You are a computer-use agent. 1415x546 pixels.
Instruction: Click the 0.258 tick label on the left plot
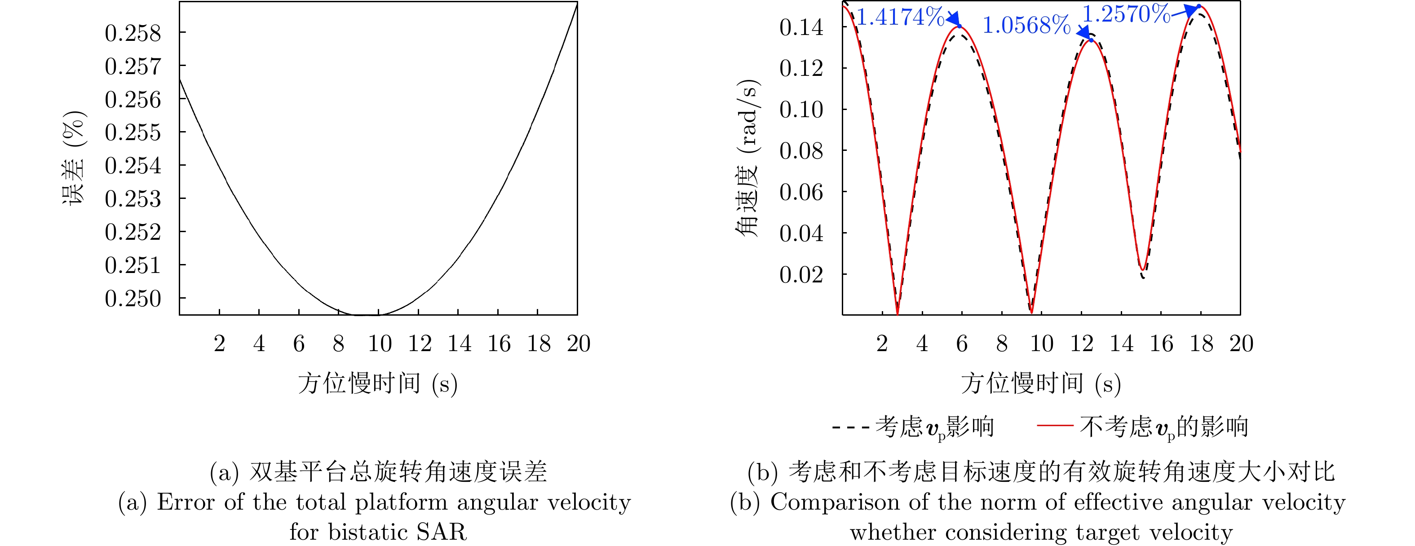click(x=133, y=34)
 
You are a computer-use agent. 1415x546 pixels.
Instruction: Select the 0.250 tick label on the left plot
click(x=133, y=299)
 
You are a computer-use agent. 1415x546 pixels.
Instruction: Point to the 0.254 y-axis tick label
click(x=133, y=166)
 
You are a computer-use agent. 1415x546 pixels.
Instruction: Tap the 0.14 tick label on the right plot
click(x=801, y=27)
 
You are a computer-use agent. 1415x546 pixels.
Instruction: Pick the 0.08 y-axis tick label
click(x=801, y=151)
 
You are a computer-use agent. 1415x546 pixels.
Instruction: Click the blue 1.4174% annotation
click(x=900, y=17)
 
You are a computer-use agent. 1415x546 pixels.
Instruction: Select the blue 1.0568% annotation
click(x=1026, y=25)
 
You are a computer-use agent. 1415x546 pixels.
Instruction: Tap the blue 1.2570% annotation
click(x=1126, y=14)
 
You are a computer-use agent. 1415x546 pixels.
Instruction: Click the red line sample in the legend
click(x=1055, y=425)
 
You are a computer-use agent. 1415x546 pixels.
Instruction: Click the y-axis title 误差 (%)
click(x=74, y=158)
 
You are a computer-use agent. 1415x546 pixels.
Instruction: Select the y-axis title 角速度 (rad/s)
click(x=747, y=158)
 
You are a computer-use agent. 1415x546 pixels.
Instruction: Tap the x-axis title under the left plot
click(x=378, y=383)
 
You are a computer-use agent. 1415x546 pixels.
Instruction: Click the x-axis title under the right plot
click(x=1041, y=383)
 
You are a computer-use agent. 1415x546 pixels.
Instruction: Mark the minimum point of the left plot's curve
click(x=365, y=315)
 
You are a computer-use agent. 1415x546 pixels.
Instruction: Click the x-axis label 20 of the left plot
click(x=579, y=344)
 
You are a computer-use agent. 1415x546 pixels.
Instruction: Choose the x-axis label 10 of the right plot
click(x=1041, y=344)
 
